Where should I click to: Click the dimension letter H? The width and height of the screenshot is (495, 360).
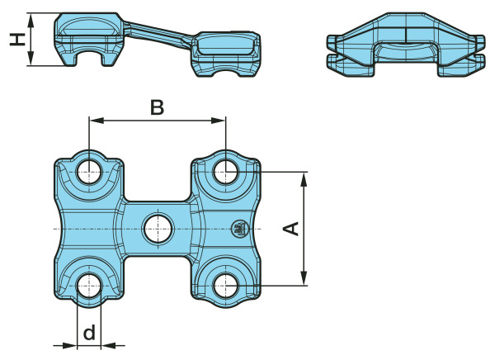pyautogui.click(x=17, y=39)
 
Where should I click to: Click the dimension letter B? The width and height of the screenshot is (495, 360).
pyautogui.click(x=157, y=107)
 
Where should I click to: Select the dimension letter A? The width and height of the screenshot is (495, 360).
pyautogui.click(x=290, y=229)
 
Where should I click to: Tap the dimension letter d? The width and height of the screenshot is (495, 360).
pyautogui.click(x=89, y=333)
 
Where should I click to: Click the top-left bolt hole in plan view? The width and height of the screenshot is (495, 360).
pyautogui.click(x=89, y=173)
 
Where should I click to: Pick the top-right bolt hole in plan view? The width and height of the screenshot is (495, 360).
pyautogui.click(x=226, y=173)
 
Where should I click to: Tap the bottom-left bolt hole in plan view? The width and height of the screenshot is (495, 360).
pyautogui.click(x=89, y=286)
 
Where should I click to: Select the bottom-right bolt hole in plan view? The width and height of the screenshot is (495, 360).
pyautogui.click(x=226, y=286)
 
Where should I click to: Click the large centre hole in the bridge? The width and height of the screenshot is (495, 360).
pyautogui.click(x=158, y=229)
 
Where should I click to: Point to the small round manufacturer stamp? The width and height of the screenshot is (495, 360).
pyautogui.click(x=239, y=229)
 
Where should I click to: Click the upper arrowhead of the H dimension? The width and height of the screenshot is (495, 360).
pyautogui.click(x=31, y=21)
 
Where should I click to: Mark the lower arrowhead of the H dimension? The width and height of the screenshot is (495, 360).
pyautogui.click(x=31, y=59)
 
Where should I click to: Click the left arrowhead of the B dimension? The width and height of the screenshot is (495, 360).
pyautogui.click(x=97, y=121)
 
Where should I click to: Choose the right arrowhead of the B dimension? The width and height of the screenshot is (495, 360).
pyautogui.click(x=218, y=121)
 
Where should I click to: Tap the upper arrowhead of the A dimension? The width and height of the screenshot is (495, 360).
pyautogui.click(x=304, y=179)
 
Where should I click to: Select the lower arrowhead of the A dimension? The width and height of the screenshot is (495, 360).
pyautogui.click(x=304, y=278)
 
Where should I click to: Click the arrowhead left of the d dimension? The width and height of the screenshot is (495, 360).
pyautogui.click(x=69, y=346)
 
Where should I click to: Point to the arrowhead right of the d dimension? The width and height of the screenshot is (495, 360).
pyautogui.click(x=108, y=346)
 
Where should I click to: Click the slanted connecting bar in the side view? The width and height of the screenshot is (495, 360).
pyautogui.click(x=158, y=34)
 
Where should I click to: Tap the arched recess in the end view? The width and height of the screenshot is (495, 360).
pyautogui.click(x=405, y=50)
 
